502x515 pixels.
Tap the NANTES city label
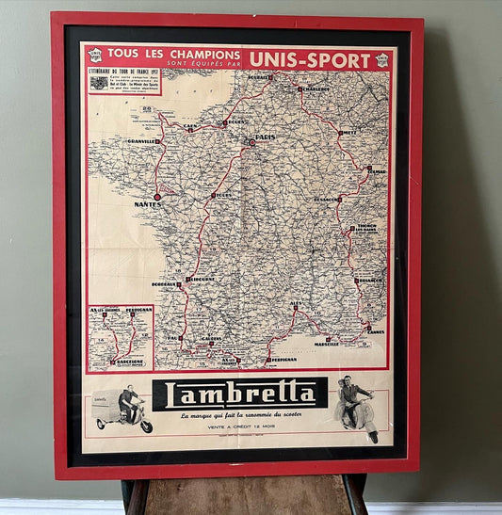pyautogui.click(x=147, y=204)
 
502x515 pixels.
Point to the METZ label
pyautogui.click(x=348, y=134)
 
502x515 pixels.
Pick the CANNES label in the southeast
pyautogui.click(x=375, y=331)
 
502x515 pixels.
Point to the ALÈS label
pyautogui.click(x=296, y=304)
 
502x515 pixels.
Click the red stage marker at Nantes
pyautogui.click(x=157, y=197)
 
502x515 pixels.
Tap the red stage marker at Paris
pyautogui.click(x=251, y=142)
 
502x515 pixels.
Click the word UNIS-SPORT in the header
pyautogui.click(x=310, y=60)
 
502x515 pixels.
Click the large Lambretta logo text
pyautogui.click(x=239, y=394)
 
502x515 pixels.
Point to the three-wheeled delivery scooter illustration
pyautogui.click(x=122, y=410)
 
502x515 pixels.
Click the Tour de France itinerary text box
pyautogui.click(x=124, y=81)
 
